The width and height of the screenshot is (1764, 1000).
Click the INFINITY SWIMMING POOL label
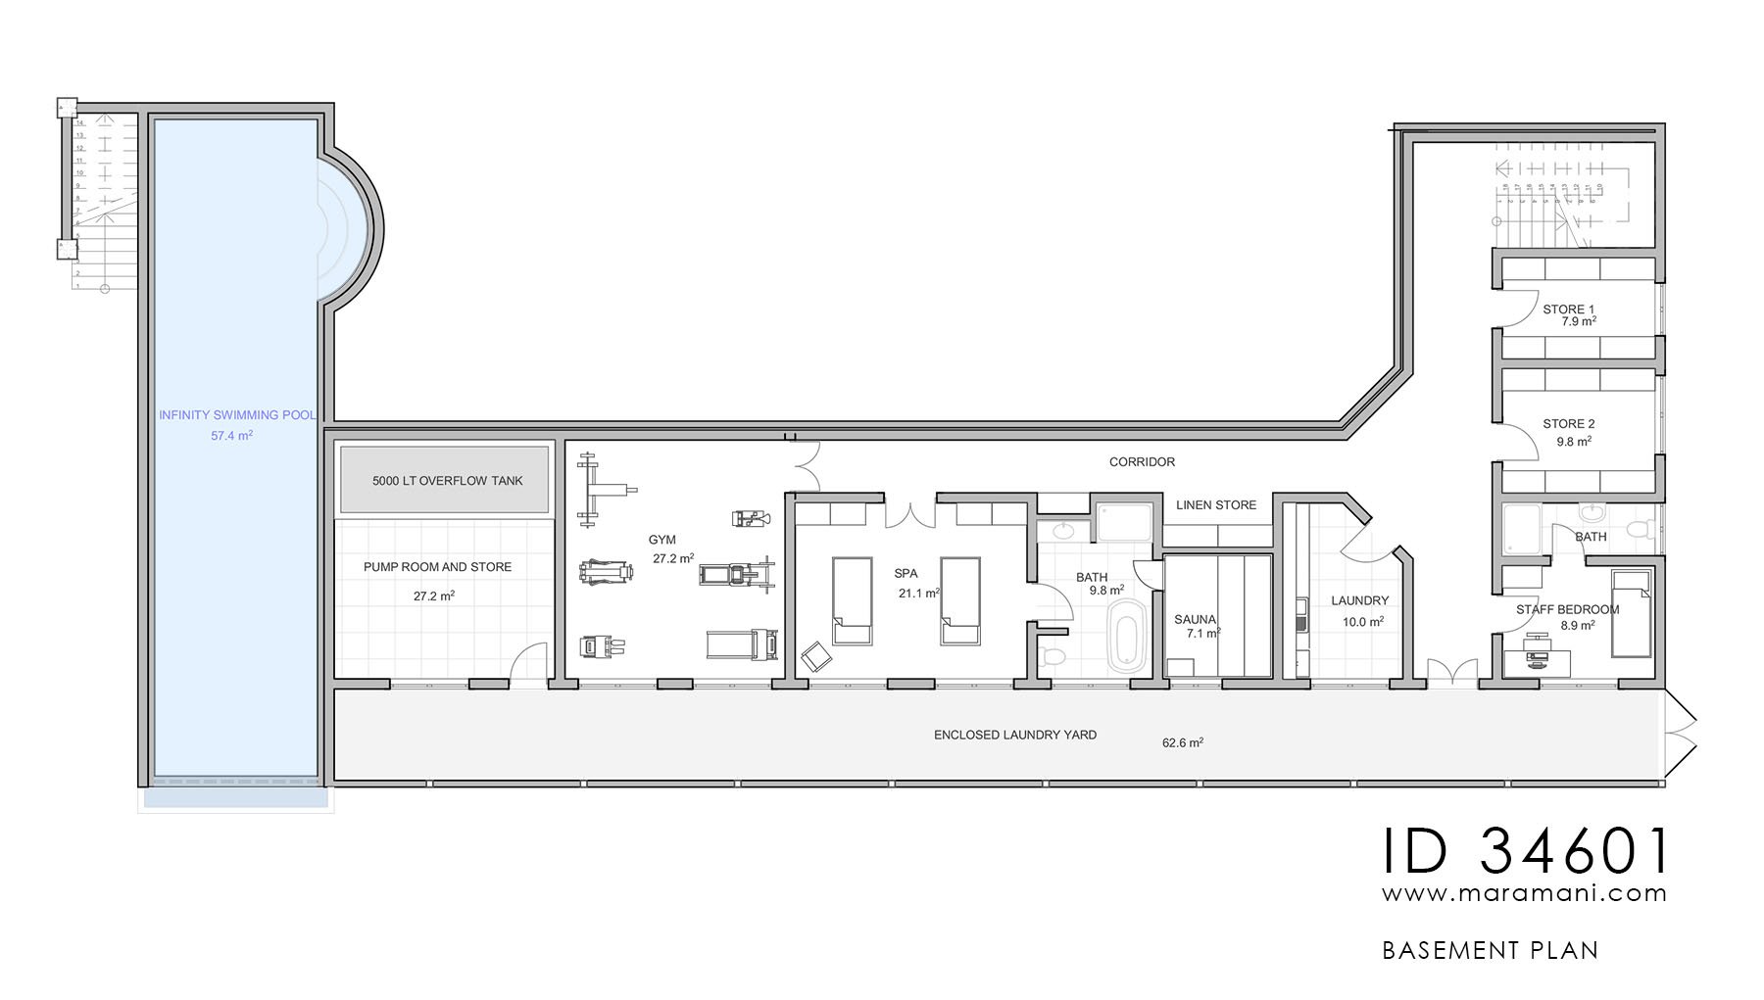pos(237,415)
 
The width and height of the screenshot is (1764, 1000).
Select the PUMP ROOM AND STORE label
pos(437,567)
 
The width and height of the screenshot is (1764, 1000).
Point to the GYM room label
pos(661,540)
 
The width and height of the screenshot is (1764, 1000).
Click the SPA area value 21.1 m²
pos(918,594)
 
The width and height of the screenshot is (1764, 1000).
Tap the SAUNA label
pos(1195,620)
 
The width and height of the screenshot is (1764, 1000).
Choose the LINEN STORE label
pos(1215,505)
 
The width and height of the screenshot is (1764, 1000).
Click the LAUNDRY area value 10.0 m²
pos(1362,622)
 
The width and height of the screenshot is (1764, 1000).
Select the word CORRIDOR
pos(1142,462)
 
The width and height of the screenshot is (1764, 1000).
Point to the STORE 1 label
pos(1568,310)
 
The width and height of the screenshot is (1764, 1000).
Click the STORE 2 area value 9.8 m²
pos(1573,442)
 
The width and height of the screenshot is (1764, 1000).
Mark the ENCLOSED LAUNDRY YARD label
pos(1014,735)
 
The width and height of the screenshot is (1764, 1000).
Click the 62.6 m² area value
pos(1182,743)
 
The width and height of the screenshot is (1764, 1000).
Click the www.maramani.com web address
pos(1524,893)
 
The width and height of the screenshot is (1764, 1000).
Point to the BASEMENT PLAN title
pos(1490,950)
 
